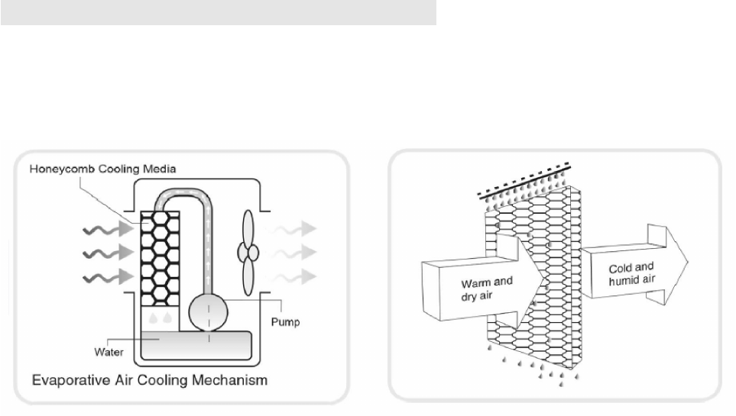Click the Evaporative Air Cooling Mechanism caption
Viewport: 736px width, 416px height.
tap(150, 379)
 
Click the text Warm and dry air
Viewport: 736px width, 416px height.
tap(487, 289)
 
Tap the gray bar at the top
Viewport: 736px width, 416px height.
tap(218, 12)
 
